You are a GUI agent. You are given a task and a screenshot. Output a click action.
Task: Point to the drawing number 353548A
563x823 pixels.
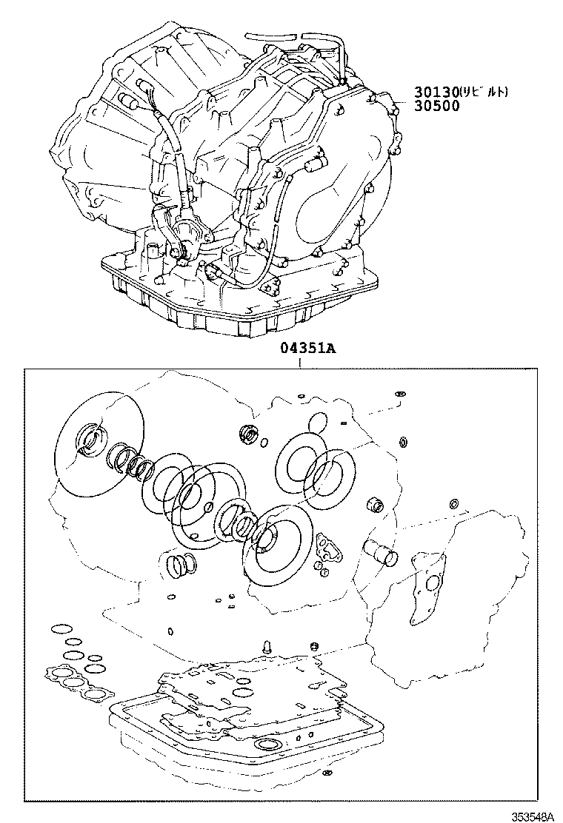[x=532, y=815]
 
